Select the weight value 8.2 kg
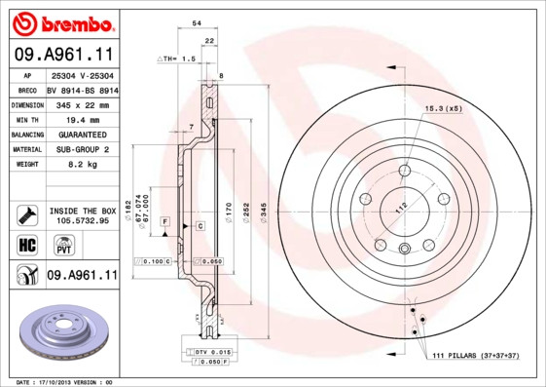[x=81, y=166]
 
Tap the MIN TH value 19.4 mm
[x=81, y=118]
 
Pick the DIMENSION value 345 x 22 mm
[x=81, y=103]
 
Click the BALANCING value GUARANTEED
[x=81, y=134]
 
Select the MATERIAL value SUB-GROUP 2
[x=81, y=149]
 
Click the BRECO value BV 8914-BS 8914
[x=82, y=89]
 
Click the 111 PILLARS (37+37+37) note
[x=479, y=358]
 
